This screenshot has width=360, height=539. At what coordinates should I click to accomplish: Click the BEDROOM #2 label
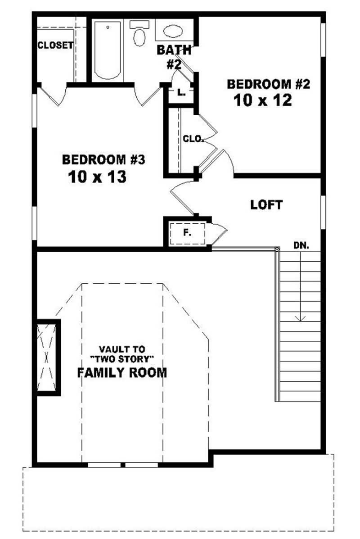tap(269, 84)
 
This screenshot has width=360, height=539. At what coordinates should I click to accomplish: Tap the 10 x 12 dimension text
tap(263, 100)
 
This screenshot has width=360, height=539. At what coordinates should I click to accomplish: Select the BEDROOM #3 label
tap(103, 159)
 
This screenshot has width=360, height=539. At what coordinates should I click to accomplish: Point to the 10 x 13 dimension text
tap(97, 177)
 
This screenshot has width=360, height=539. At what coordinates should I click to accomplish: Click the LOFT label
tap(266, 205)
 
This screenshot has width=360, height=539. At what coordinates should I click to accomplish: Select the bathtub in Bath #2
tap(108, 50)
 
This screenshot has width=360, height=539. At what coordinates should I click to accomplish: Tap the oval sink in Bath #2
tap(172, 31)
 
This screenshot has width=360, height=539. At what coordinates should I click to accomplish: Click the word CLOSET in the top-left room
tap(55, 45)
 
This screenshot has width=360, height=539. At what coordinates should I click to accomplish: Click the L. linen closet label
tap(181, 93)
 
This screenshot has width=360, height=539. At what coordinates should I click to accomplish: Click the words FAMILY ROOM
tap(121, 372)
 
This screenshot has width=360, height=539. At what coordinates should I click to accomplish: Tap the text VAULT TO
tap(121, 349)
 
